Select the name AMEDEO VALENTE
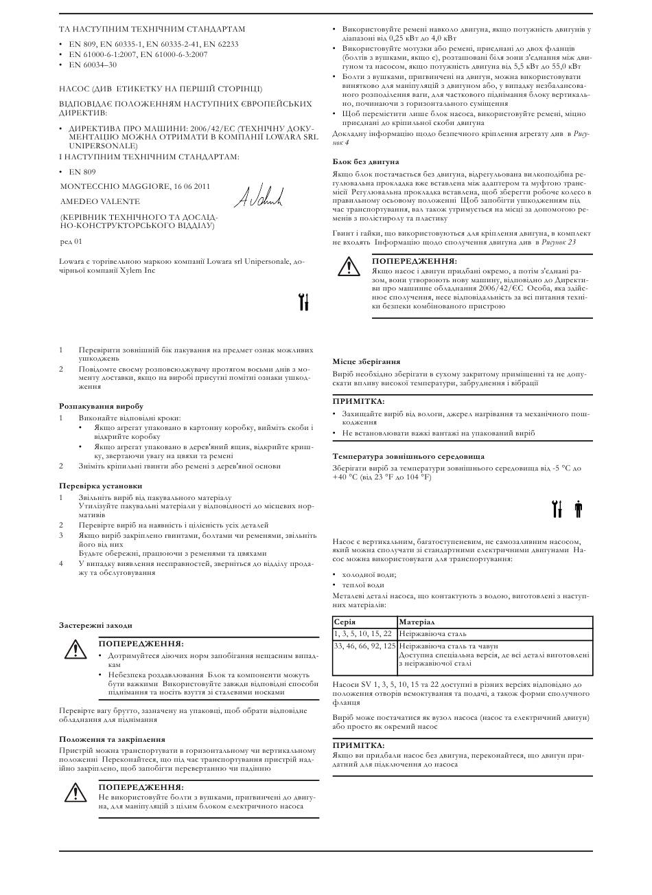click(x=100, y=202)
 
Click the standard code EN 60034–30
click(x=93, y=65)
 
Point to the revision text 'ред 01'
click(x=71, y=241)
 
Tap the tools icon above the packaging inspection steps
click(x=305, y=302)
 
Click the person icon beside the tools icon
click(x=578, y=509)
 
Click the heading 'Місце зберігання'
click(x=366, y=361)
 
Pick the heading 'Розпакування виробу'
click(x=101, y=407)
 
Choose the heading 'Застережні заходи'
click(x=95, y=625)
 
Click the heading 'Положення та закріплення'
click(x=112, y=739)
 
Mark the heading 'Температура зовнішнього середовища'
click(x=408, y=456)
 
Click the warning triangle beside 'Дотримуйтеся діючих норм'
click(x=73, y=648)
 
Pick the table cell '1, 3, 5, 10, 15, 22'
click(x=363, y=633)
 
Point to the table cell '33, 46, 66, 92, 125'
click(x=364, y=646)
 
